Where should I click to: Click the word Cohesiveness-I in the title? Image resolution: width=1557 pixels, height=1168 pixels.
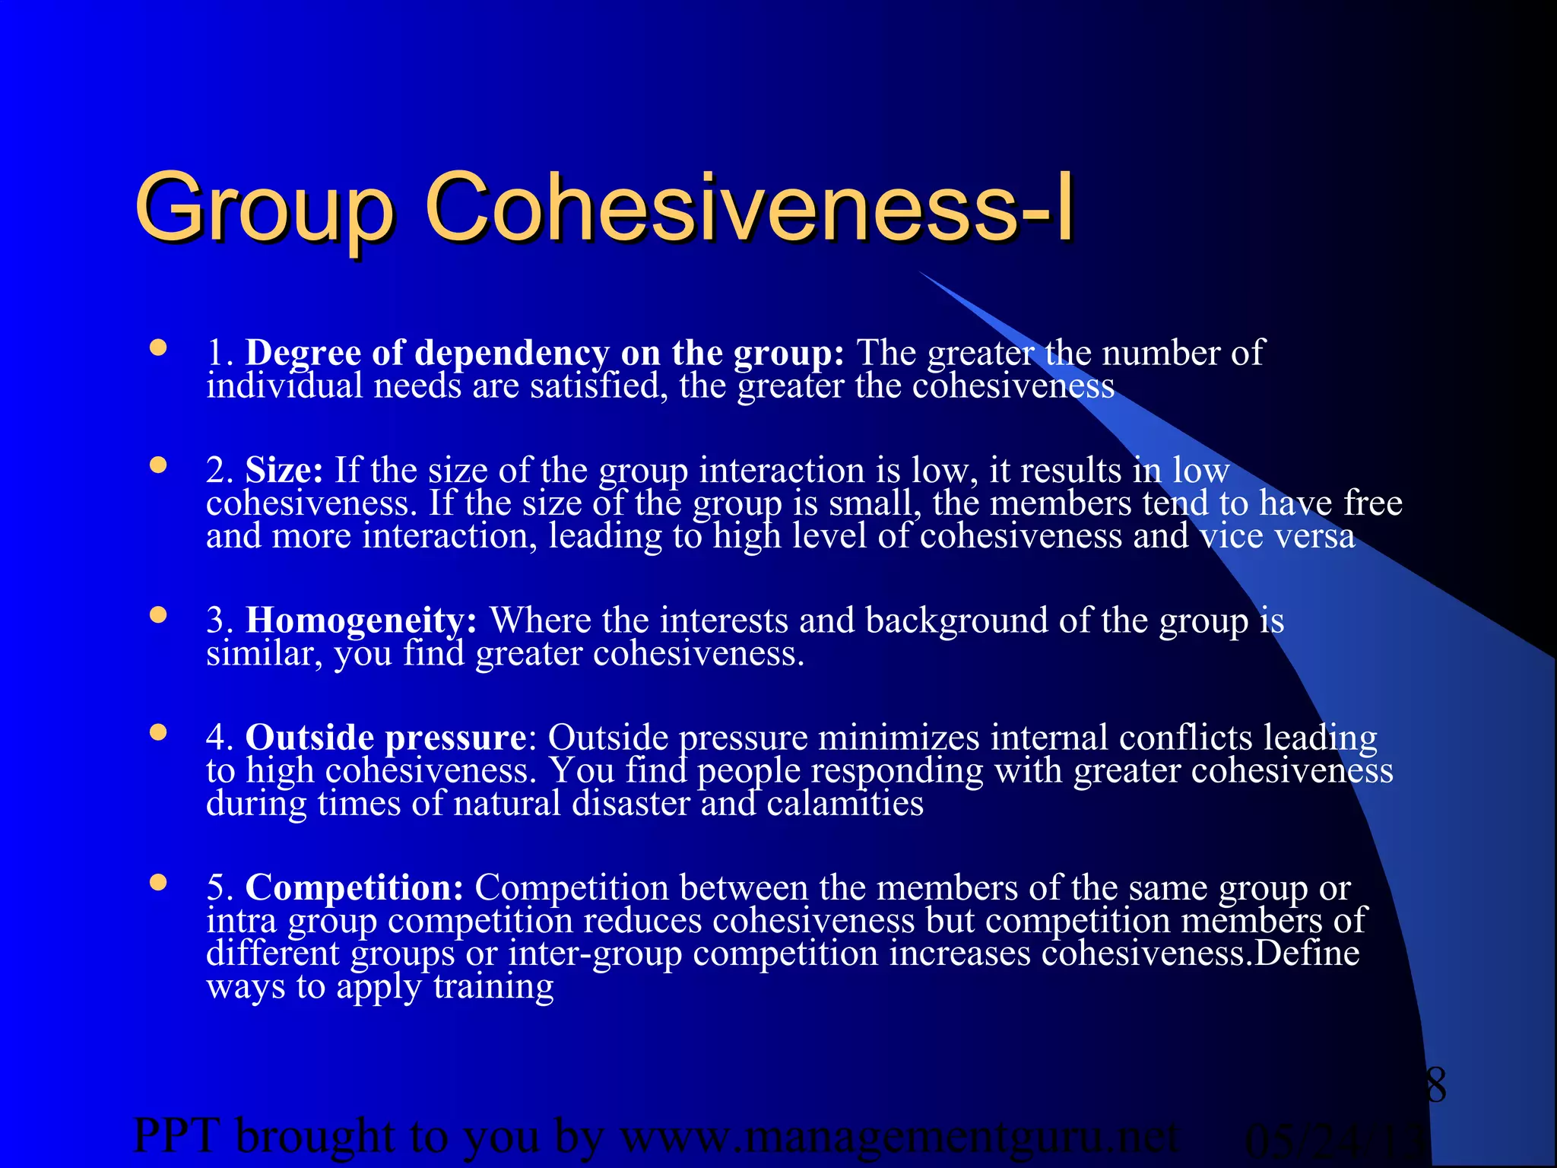coord(749,207)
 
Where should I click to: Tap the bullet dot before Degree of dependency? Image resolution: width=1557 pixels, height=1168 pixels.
coord(158,348)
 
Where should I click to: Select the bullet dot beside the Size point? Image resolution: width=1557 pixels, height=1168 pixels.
coord(158,465)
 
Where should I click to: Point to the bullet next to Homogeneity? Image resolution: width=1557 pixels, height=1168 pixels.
coord(158,615)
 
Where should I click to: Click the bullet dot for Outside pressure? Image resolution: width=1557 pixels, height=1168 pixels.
coord(158,732)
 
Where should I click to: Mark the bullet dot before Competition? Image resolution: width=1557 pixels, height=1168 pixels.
coord(158,882)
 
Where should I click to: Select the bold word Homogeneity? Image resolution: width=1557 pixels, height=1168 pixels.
coord(361,620)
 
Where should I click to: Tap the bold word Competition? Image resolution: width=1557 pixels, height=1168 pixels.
coord(354,887)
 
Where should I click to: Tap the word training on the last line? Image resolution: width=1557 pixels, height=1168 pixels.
coord(493,987)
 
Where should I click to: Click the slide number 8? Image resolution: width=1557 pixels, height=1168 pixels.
coord(1435,1085)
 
